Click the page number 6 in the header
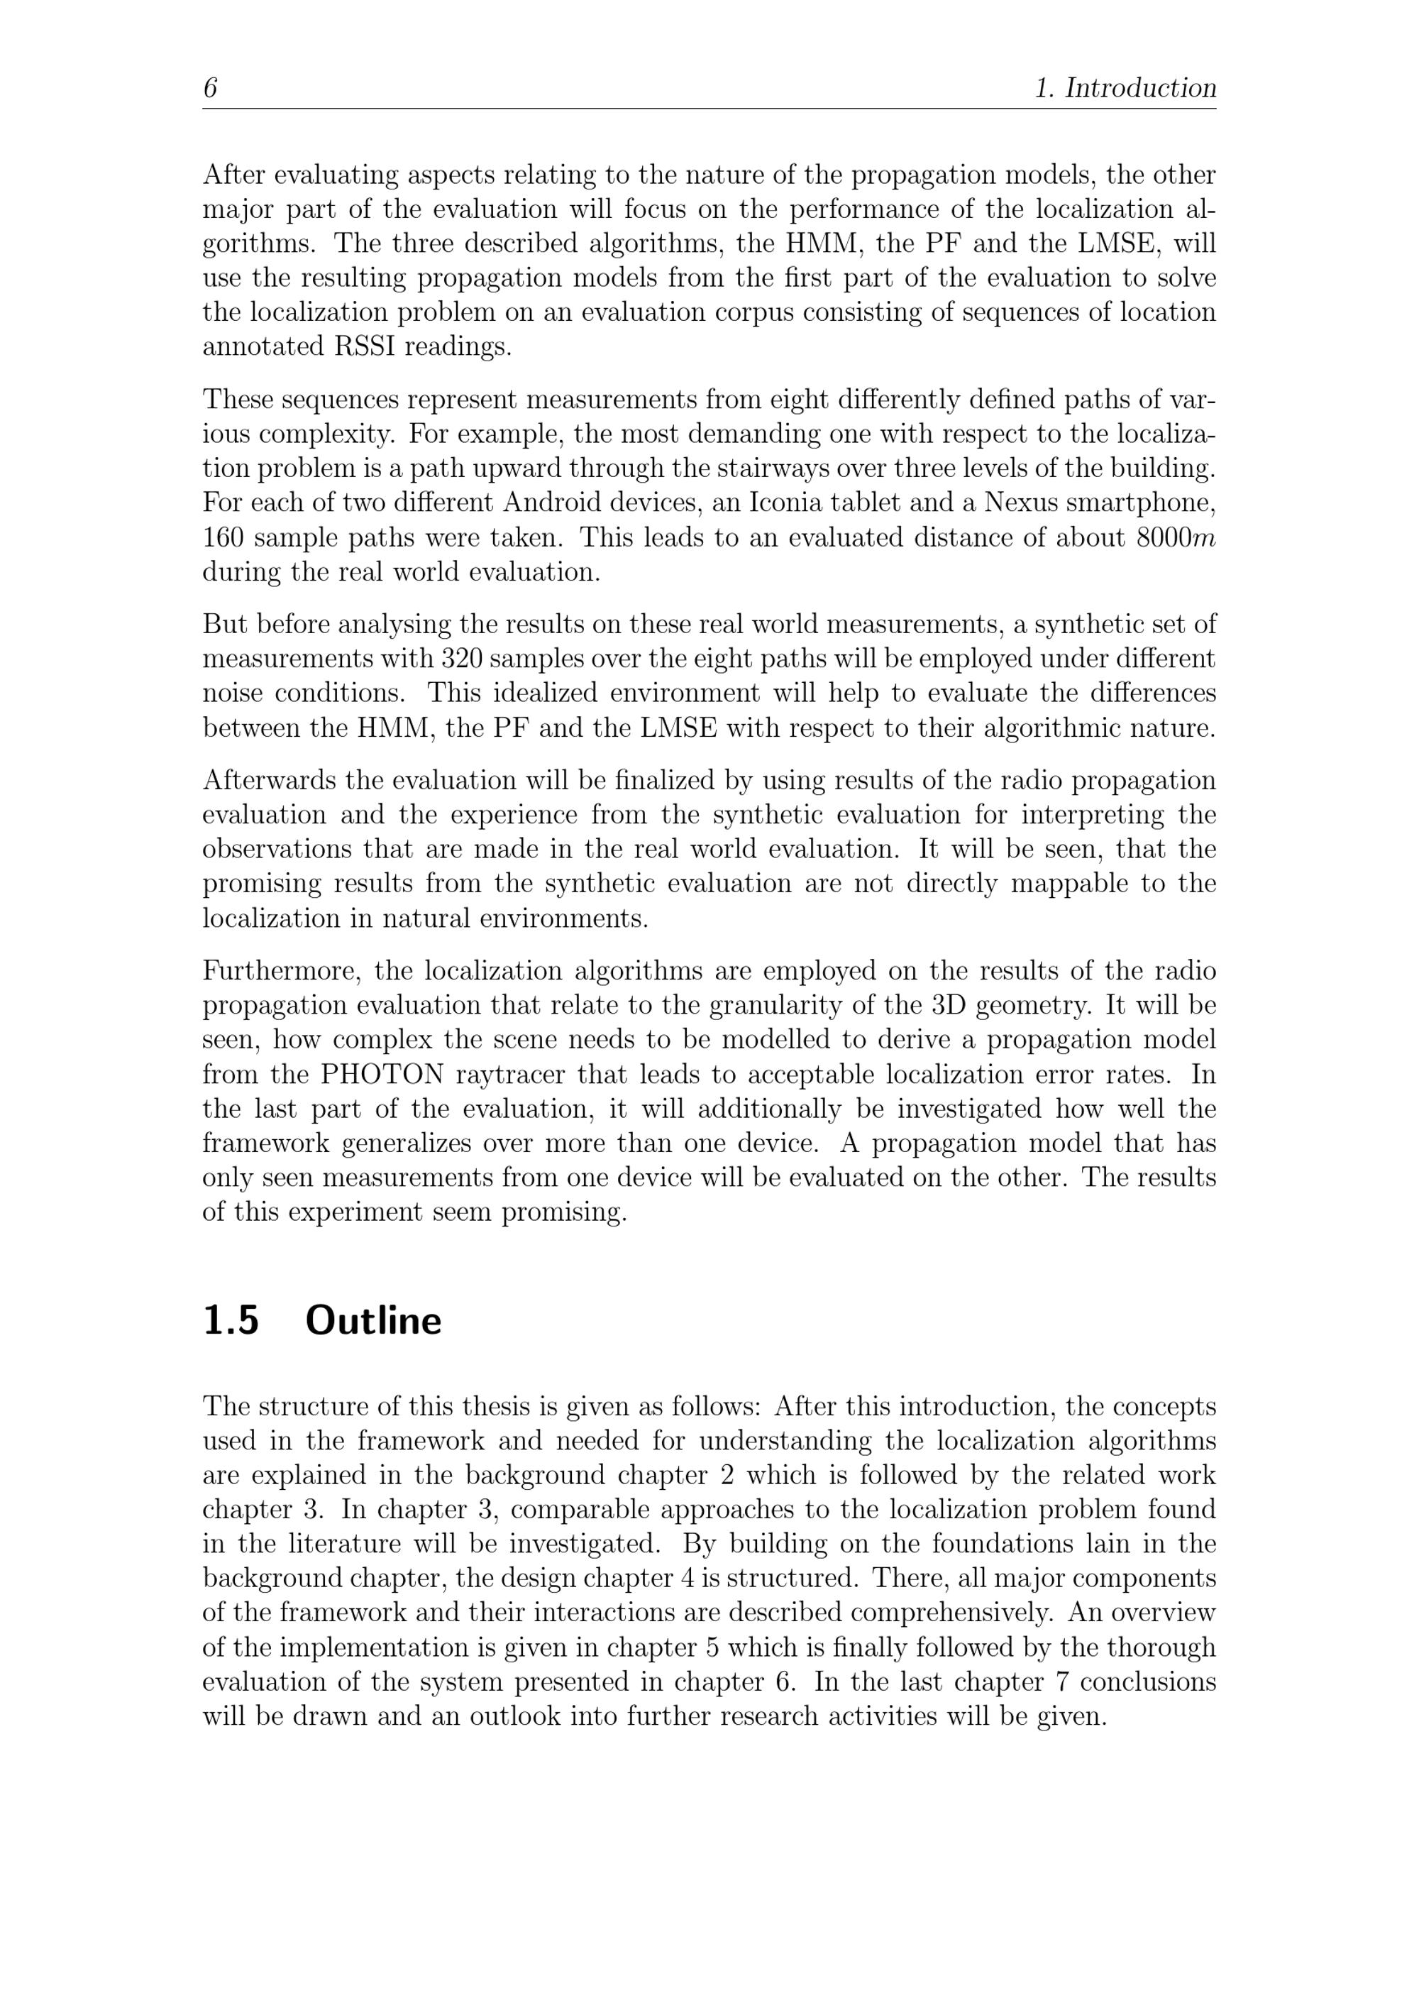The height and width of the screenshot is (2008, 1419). [x=210, y=88]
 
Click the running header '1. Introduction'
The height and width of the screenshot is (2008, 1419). [x=1125, y=88]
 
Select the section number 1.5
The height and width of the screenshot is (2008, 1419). [x=231, y=1321]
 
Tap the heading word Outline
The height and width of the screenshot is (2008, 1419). [x=373, y=1321]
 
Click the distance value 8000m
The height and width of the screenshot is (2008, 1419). [x=1175, y=538]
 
